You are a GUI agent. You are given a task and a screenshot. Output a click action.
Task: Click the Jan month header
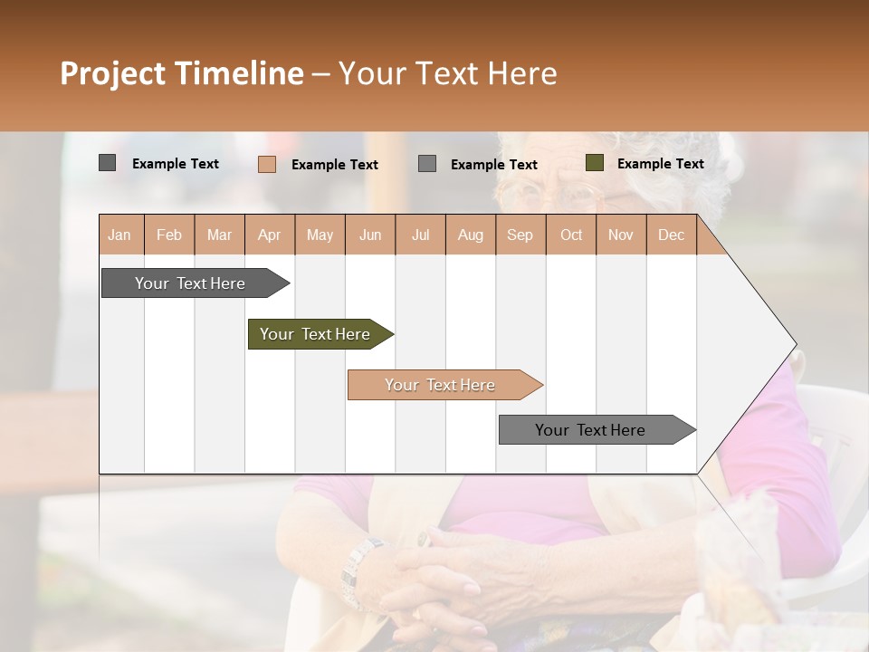(x=119, y=235)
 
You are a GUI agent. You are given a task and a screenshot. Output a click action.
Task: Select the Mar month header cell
(x=219, y=235)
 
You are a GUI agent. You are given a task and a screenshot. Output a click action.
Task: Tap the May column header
(x=320, y=235)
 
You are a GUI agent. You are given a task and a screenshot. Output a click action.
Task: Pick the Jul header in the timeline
(x=420, y=235)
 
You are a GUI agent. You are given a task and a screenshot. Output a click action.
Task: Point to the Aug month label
(x=470, y=235)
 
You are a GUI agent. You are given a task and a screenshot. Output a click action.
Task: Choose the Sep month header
(x=520, y=235)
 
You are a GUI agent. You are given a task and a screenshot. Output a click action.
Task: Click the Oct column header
(x=571, y=235)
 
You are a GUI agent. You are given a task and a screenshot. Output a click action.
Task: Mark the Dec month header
(x=671, y=235)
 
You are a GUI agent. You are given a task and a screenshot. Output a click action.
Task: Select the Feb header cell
(x=169, y=235)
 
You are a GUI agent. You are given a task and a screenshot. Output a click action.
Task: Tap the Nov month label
(x=621, y=235)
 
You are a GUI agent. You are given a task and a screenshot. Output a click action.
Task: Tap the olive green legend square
(x=594, y=163)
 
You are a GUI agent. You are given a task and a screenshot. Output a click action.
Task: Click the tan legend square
(x=266, y=164)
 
